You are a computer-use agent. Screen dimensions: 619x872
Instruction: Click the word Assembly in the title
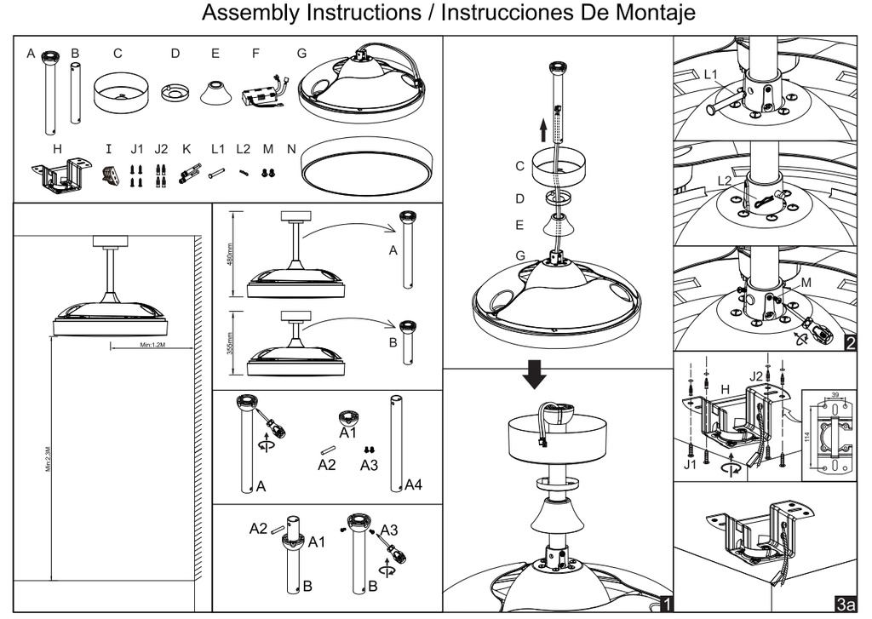pyautogui.click(x=248, y=14)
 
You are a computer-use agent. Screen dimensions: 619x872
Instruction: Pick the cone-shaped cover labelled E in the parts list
pyautogui.click(x=218, y=93)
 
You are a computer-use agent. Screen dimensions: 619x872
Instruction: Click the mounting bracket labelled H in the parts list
pyautogui.click(x=59, y=177)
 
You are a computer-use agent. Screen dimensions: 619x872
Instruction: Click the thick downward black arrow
pyautogui.click(x=535, y=373)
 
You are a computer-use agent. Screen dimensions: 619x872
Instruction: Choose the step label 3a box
pyautogui.click(x=846, y=604)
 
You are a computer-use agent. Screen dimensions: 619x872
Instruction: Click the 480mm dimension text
pyautogui.click(x=231, y=253)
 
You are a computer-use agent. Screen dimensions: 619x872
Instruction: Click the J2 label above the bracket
pyautogui.click(x=756, y=375)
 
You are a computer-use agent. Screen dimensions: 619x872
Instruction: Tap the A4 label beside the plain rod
pyautogui.click(x=414, y=485)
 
